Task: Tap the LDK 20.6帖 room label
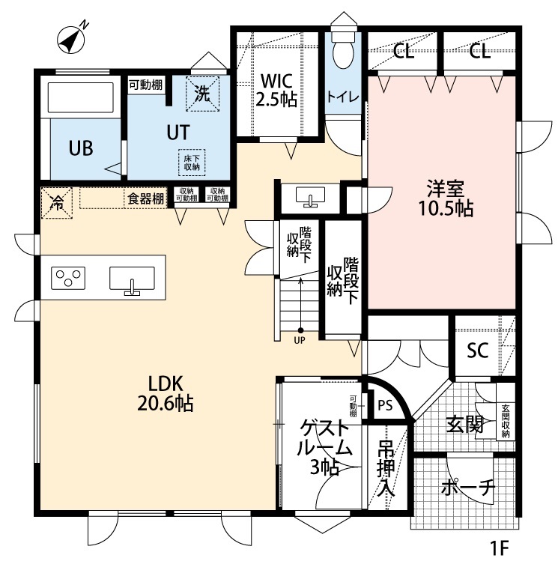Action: pyautogui.click(x=166, y=392)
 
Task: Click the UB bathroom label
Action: pyautogui.click(x=81, y=148)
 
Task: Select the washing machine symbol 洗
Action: pyautogui.click(x=202, y=93)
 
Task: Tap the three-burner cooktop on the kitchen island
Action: pyautogui.click(x=68, y=279)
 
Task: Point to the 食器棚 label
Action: pyautogui.click(x=145, y=199)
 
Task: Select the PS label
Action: pyautogui.click(x=385, y=405)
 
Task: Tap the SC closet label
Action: pyautogui.click(x=478, y=350)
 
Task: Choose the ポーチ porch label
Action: pyautogui.click(x=467, y=488)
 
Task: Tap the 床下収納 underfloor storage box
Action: pyautogui.click(x=191, y=162)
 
